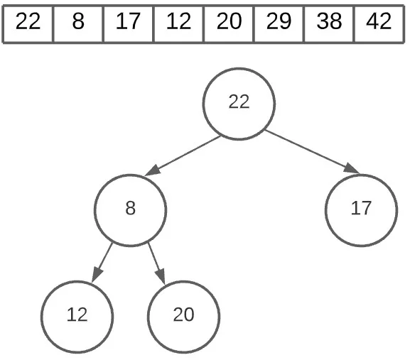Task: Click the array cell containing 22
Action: pos(28,22)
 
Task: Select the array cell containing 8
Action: pos(78,22)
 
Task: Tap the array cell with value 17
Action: pos(128,22)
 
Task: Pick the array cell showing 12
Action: pos(178,22)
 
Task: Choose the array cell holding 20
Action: pos(229,22)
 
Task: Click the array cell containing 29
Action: pos(279,22)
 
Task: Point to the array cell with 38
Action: pos(328,22)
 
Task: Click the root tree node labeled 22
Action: pos(239,103)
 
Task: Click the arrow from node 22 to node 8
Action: pos(183,156)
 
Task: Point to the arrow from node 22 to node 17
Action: pos(313,151)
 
